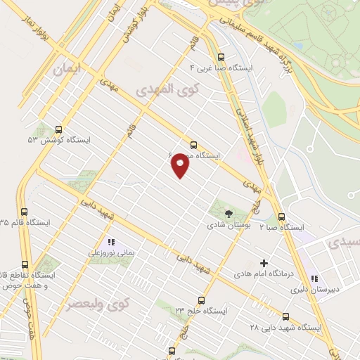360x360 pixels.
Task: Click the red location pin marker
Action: point(181,165)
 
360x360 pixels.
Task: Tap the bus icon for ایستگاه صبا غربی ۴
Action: point(221,58)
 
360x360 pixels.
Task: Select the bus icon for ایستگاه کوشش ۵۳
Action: point(58,130)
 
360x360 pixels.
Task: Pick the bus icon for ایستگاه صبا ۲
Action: point(282,217)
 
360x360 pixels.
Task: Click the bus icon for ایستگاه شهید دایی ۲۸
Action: point(285,316)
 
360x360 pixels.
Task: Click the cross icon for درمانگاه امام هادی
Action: point(264,262)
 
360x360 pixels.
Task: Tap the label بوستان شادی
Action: point(226,226)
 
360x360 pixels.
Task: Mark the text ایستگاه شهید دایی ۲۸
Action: point(285,328)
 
